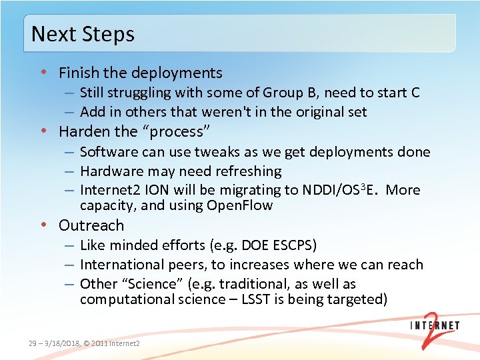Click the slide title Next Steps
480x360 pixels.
[x=83, y=34]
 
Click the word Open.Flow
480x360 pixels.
[x=239, y=206]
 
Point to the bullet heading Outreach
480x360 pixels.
[x=91, y=225]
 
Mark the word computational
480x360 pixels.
[x=127, y=299]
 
